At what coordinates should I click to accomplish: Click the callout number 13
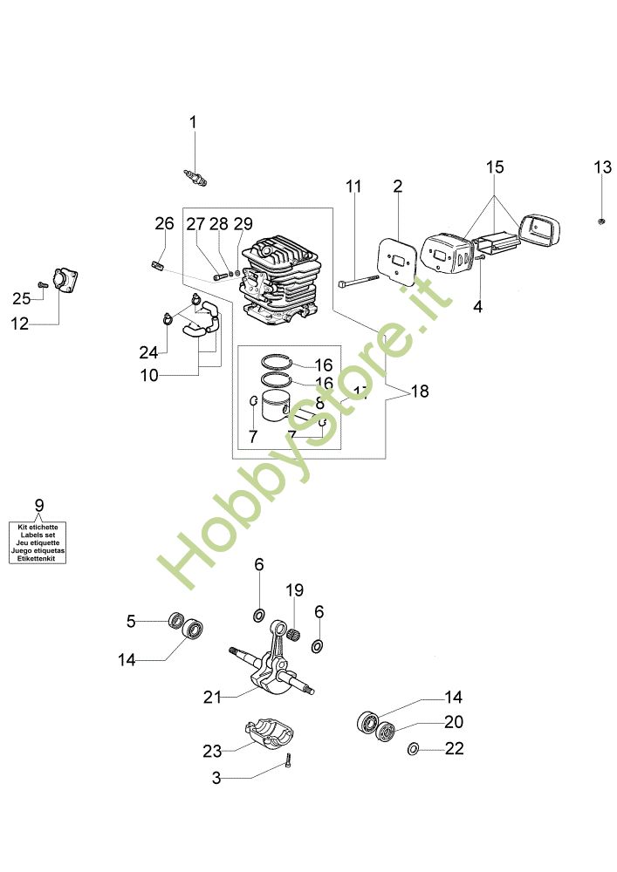click(603, 167)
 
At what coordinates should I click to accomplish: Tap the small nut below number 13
click(602, 220)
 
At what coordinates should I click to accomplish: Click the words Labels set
click(38, 535)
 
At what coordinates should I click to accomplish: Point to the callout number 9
click(38, 505)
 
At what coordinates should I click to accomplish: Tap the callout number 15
click(495, 167)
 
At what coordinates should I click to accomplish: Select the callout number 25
click(22, 298)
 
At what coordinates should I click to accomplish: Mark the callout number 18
click(420, 392)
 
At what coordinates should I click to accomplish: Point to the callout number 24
click(147, 352)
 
